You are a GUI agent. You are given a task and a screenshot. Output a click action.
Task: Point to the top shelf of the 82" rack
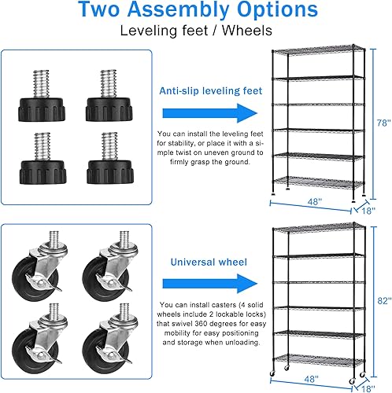click(319, 230)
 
